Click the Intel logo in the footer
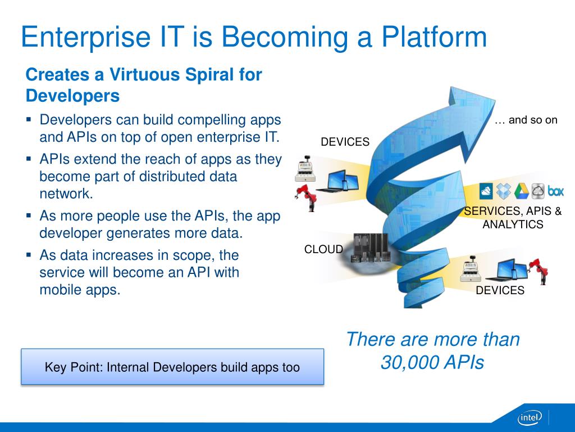tap(530, 417)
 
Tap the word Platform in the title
tap(434, 37)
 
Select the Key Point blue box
tap(172, 367)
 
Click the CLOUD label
tap(323, 249)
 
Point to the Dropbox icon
tap(504, 191)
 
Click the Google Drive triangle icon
tap(521, 191)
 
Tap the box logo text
tap(555, 191)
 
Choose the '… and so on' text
tap(526, 120)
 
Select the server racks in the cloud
tap(371, 248)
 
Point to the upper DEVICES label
tap(345, 142)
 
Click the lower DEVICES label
tap(500, 290)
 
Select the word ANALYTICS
tap(513, 224)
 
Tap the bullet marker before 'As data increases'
tap(29, 254)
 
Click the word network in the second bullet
tap(66, 193)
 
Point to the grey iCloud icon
tap(537, 191)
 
